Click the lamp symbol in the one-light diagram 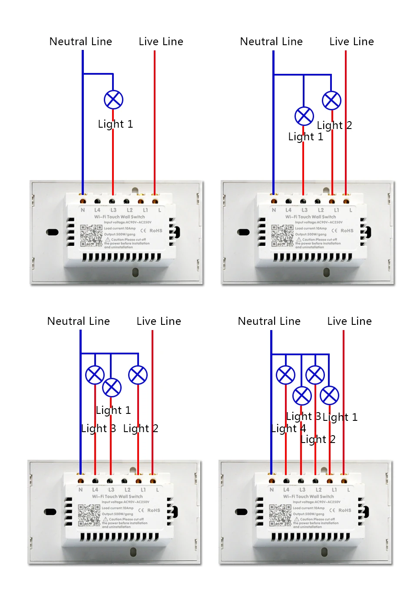pyautogui.click(x=113, y=99)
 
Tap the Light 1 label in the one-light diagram pyautogui.click(x=115, y=124)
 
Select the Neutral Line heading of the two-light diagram pyautogui.click(x=271, y=42)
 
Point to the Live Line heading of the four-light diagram pyautogui.click(x=349, y=321)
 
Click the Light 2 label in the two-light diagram pyautogui.click(x=334, y=126)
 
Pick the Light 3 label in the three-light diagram pyautogui.click(x=98, y=429)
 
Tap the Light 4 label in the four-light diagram pyautogui.click(x=288, y=429)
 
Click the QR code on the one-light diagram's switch pyautogui.click(x=91, y=235)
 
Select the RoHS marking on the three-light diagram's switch pyautogui.click(x=153, y=510)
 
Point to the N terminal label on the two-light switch pyautogui.click(x=274, y=210)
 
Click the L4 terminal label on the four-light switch pyautogui.click(x=286, y=490)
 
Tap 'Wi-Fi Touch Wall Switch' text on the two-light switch pyautogui.click(x=311, y=217)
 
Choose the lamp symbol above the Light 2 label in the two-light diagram pyautogui.click(x=331, y=100)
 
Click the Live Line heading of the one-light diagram pyautogui.click(x=161, y=42)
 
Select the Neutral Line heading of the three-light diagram pyautogui.click(x=78, y=321)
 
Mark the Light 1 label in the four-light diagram pyautogui.click(x=340, y=417)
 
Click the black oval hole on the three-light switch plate pyautogui.click(x=50, y=512)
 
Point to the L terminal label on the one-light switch pyautogui.click(x=160, y=210)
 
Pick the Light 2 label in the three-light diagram pyautogui.click(x=140, y=429)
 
